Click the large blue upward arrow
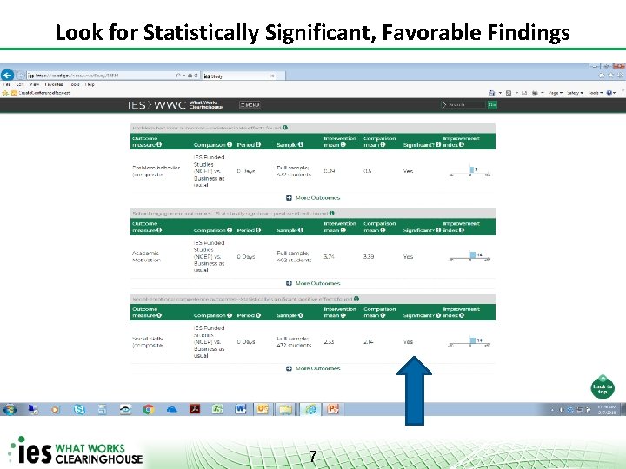pos(415,390)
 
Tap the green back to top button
pos(602,388)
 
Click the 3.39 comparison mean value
pos(370,256)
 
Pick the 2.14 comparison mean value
pos(370,342)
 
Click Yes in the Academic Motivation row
pos(409,256)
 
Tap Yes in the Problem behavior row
pos(409,171)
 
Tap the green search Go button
pos(492,105)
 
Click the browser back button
pos(9,75)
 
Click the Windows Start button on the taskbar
pos(10,409)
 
